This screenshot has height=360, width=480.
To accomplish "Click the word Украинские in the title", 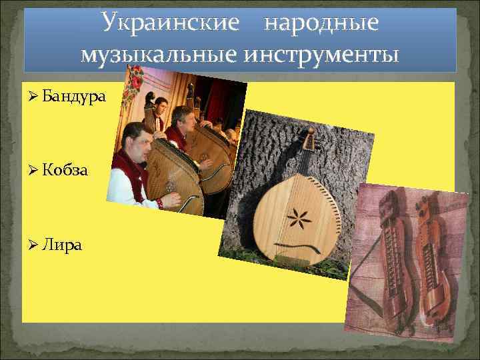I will coord(170,24).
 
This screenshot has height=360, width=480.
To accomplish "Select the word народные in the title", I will coord(321,24).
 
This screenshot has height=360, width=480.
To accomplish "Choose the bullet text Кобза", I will coord(67,170).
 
